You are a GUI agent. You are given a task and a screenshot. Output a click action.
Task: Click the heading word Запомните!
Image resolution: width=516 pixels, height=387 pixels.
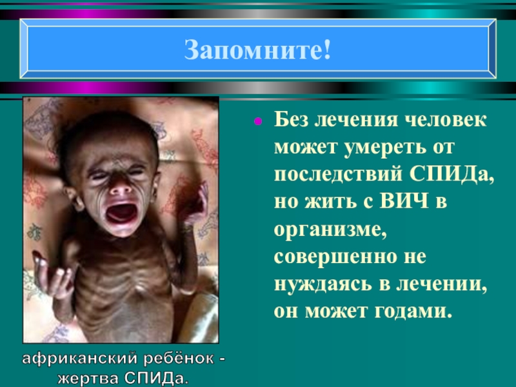click(x=258, y=50)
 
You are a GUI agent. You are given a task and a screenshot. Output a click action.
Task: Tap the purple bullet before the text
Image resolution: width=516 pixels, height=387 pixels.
click(x=257, y=121)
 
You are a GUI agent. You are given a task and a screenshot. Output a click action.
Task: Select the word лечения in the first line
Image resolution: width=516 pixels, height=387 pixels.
click(x=353, y=121)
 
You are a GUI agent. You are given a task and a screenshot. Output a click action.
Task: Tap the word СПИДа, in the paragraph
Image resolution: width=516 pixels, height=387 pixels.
click(x=451, y=176)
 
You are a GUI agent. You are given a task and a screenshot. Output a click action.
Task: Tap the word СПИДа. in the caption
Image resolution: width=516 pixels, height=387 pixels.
click(x=155, y=375)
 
